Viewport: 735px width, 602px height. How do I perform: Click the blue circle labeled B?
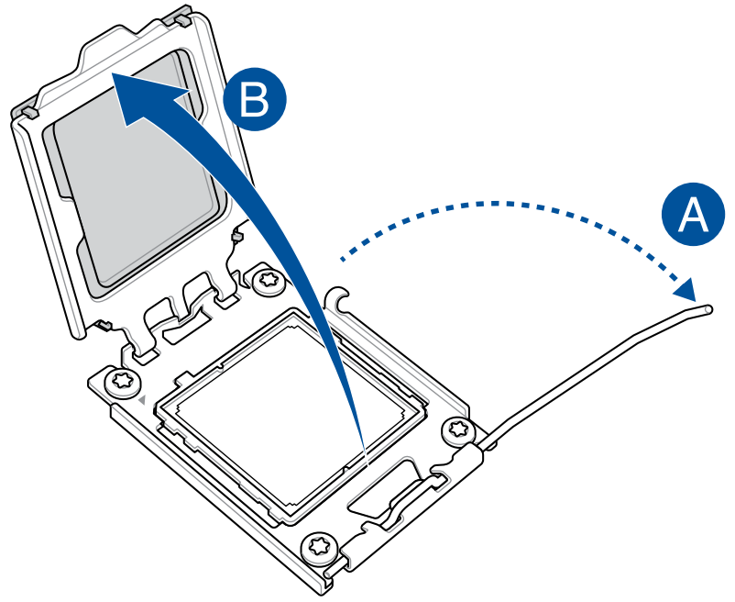tap(257, 97)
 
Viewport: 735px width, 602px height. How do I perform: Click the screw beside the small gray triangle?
tap(120, 381)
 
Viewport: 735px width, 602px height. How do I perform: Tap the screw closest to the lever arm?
tap(455, 429)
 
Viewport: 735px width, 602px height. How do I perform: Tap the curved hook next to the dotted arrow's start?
tap(340, 298)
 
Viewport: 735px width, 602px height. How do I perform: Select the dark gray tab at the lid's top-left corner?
tap(26, 112)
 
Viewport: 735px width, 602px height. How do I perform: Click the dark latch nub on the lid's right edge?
tap(236, 237)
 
